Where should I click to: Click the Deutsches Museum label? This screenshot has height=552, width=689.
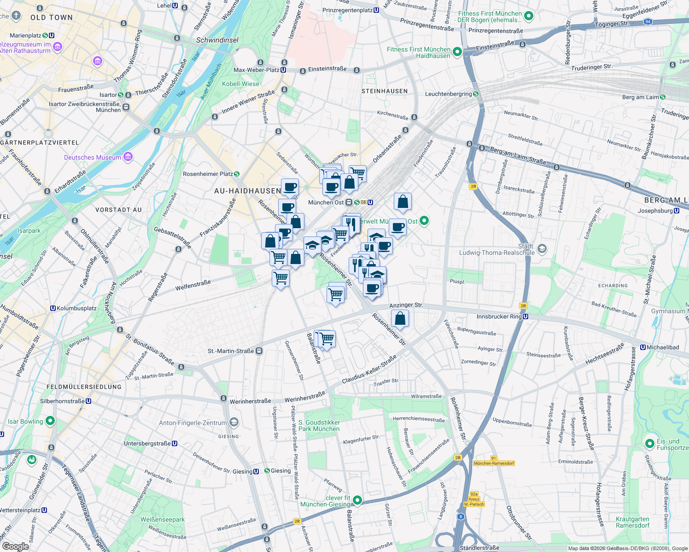(x=93, y=157)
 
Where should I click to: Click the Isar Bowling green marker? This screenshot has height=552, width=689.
(x=50, y=421)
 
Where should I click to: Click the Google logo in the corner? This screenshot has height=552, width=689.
(x=15, y=546)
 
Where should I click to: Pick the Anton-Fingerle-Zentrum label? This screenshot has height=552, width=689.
(x=193, y=423)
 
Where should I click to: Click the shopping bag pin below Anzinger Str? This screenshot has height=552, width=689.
(x=400, y=318)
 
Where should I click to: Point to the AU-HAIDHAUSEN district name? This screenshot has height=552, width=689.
(x=248, y=191)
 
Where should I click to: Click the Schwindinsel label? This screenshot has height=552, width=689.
(x=217, y=40)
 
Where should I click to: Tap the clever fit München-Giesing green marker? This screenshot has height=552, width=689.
(x=357, y=500)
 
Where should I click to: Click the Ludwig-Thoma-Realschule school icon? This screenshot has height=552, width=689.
(x=542, y=248)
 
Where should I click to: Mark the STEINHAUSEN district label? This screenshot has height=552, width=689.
(x=385, y=91)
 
